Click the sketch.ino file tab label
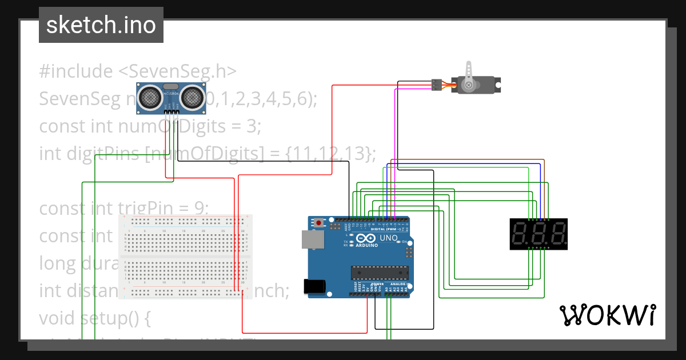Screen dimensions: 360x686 [x=101, y=25]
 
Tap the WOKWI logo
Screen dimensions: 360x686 [x=607, y=315]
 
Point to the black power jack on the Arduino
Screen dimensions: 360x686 [x=315, y=286]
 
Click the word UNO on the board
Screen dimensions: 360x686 [x=388, y=238]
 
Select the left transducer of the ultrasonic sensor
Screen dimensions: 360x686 [x=150, y=97]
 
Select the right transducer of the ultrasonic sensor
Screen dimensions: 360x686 [x=192, y=97]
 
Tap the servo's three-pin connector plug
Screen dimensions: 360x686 [x=436, y=85]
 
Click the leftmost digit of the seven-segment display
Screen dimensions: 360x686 [x=521, y=234]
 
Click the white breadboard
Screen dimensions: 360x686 [x=185, y=257]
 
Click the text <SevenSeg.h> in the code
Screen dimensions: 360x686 [x=177, y=71]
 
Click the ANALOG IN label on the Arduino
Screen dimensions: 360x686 [x=398, y=284]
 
